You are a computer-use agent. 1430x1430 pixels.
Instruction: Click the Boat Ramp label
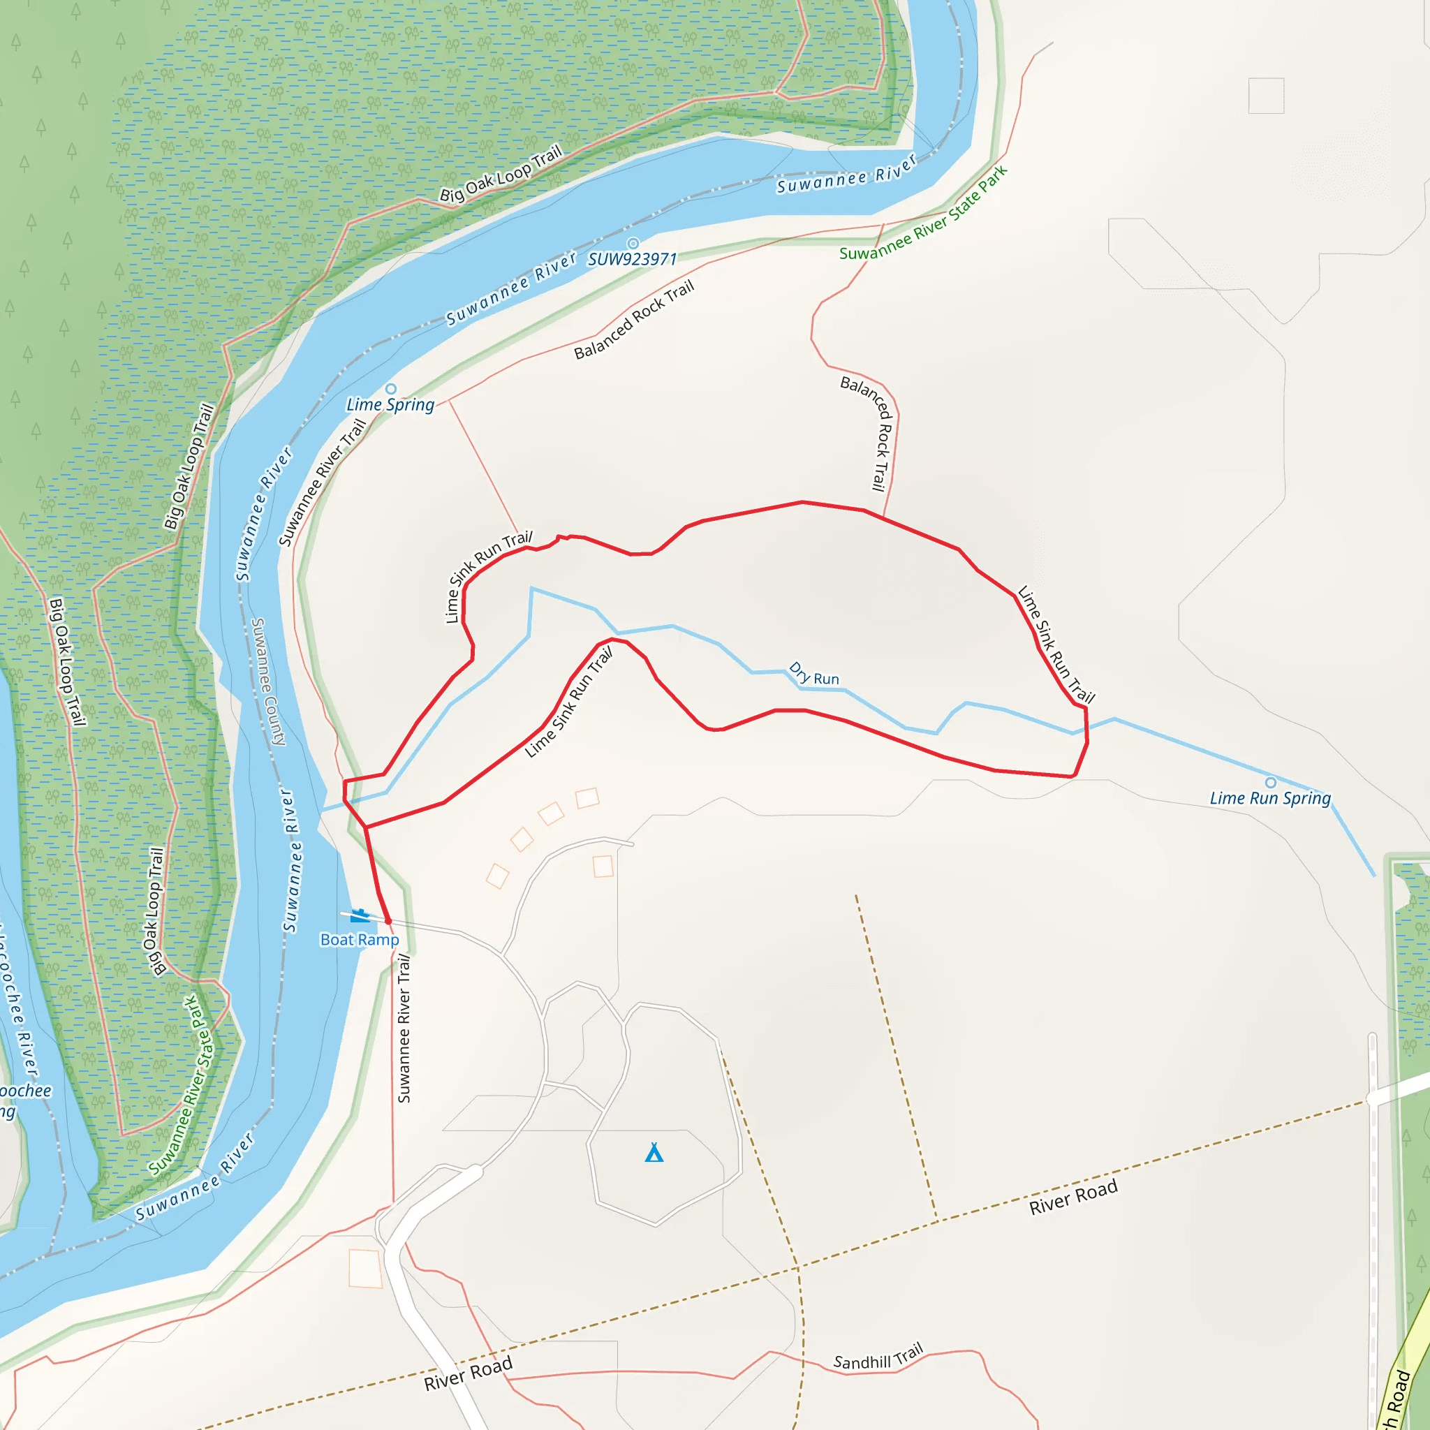(x=359, y=939)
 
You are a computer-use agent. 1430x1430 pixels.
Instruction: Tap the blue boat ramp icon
(x=360, y=915)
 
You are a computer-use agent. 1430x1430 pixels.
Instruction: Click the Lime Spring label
(x=390, y=404)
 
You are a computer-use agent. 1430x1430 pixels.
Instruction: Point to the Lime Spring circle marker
(x=391, y=390)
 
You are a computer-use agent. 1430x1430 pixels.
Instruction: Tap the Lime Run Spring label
(x=1270, y=798)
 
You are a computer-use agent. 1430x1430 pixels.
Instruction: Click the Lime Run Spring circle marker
(x=1271, y=782)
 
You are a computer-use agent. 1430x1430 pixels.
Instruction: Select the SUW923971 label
(x=632, y=259)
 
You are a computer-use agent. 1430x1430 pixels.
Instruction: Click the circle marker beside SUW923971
(x=633, y=244)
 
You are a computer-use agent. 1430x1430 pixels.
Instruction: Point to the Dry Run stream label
(x=814, y=675)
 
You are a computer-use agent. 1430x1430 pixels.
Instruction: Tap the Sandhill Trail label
(x=878, y=1357)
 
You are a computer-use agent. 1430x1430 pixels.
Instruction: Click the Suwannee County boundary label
(x=268, y=681)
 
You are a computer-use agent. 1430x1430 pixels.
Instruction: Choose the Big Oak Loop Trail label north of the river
(x=501, y=174)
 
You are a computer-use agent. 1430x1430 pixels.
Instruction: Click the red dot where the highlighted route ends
(x=388, y=921)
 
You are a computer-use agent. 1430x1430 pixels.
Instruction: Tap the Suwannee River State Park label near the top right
(x=923, y=213)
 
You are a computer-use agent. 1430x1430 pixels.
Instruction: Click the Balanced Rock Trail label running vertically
(x=869, y=432)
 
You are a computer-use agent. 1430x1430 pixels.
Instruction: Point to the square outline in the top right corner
(x=1266, y=96)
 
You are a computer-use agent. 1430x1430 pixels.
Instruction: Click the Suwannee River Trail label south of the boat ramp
(x=404, y=1028)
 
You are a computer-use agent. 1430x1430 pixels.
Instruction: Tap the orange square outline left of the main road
(x=365, y=1269)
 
